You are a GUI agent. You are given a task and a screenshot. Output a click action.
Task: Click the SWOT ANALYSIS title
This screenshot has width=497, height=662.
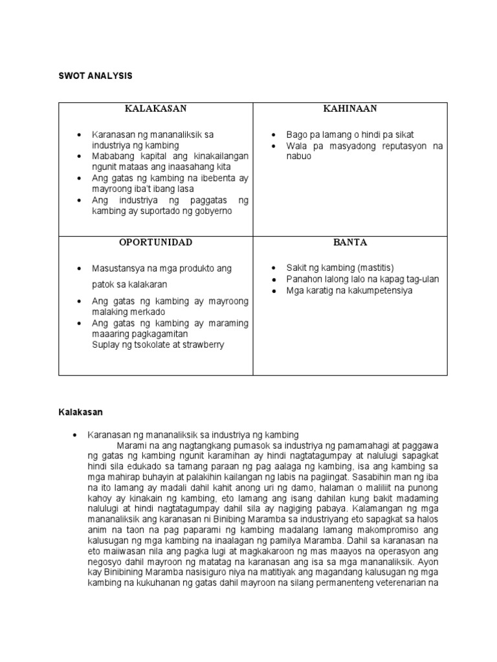click(x=96, y=76)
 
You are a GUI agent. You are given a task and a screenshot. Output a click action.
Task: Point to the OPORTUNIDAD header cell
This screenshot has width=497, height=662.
click(x=155, y=243)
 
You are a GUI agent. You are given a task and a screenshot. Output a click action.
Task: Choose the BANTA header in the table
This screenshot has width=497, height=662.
click(x=350, y=243)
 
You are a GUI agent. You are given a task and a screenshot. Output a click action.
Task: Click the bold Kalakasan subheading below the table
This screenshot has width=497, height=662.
click(x=81, y=411)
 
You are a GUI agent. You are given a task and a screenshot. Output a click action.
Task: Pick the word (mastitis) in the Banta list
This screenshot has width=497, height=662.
click(x=371, y=268)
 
